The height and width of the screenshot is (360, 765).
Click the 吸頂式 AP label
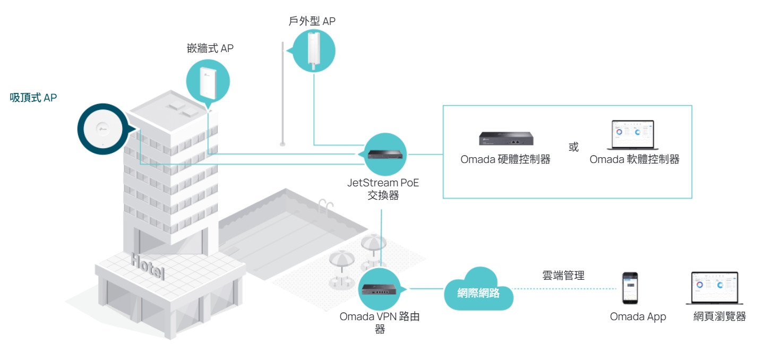point(33,98)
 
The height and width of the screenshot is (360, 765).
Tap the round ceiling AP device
point(103,129)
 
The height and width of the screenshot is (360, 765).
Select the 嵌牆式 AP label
point(210,48)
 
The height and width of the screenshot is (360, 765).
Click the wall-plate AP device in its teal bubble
point(208,83)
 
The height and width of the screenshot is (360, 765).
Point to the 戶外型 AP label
point(312,21)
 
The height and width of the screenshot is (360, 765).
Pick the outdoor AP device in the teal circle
point(314,50)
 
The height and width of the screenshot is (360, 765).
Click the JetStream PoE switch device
point(385,155)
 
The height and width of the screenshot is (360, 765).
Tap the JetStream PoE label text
point(383,183)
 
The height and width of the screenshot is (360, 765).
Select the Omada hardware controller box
point(506,139)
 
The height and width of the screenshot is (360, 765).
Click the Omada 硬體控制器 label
point(505,159)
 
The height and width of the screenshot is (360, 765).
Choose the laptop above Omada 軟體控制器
point(633,134)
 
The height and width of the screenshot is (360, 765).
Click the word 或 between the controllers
point(573,147)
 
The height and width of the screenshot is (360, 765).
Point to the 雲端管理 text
point(563,275)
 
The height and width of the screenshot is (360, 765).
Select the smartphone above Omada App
point(630,288)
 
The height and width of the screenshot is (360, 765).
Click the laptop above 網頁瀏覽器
point(715,288)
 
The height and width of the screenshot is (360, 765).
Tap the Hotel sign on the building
point(148,267)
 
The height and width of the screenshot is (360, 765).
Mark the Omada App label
point(638,317)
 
